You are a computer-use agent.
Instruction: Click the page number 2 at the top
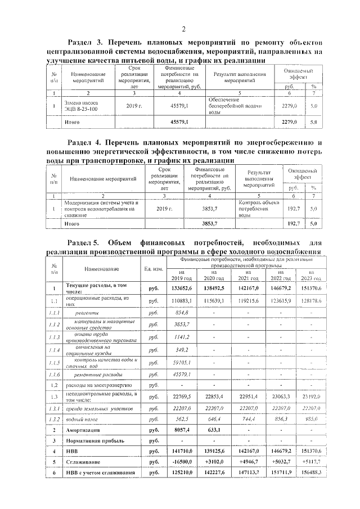click(x=183, y=29)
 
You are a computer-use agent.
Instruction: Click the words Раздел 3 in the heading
click(x=85, y=43)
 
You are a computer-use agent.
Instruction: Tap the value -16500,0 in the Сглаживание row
click(x=183, y=462)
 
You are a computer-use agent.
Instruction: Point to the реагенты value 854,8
click(x=183, y=312)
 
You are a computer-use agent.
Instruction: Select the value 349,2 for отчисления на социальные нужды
click(x=183, y=349)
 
